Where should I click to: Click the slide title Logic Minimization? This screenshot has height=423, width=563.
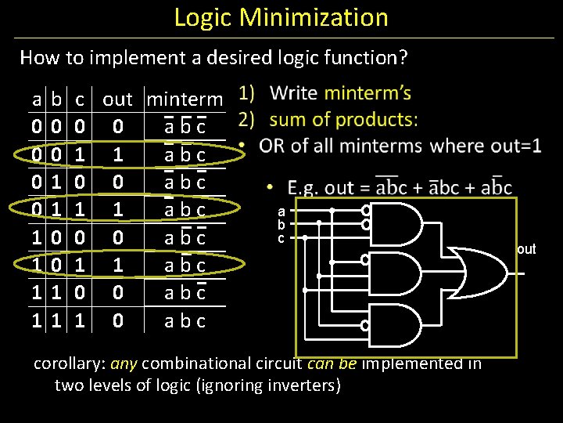[x=281, y=17]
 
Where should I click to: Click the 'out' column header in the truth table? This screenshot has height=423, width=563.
[x=117, y=99]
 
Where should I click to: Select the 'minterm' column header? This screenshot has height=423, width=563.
[x=185, y=99]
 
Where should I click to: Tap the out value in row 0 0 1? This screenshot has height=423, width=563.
[x=117, y=154]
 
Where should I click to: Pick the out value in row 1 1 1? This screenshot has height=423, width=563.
[x=117, y=320]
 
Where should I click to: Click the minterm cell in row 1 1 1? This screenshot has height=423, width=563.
[x=185, y=320]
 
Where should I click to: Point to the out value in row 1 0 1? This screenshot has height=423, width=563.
[x=117, y=265]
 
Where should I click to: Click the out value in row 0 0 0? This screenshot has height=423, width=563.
[x=117, y=127]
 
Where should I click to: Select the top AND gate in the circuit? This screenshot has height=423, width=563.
[x=396, y=222]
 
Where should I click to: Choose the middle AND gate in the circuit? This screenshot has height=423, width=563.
[x=396, y=273]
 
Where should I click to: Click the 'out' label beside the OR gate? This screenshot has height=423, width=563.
[x=526, y=250]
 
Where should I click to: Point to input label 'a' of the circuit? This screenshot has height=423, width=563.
[x=281, y=211]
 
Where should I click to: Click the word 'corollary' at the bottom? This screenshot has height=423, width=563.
[x=69, y=363]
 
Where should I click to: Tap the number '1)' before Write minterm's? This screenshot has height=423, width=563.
[x=247, y=93]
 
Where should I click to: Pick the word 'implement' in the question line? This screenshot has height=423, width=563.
[x=127, y=57]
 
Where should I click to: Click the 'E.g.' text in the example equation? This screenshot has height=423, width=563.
[x=302, y=188]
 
